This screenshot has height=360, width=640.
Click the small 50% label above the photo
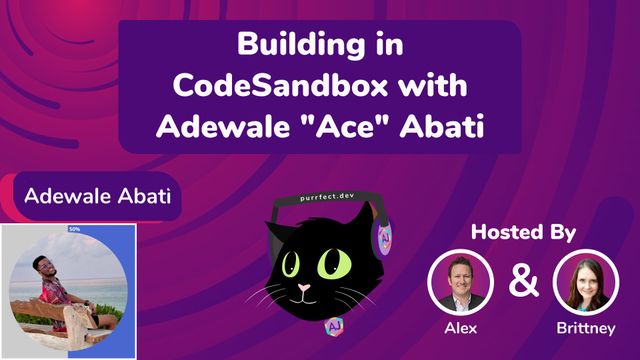75,229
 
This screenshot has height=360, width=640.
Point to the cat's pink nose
306,291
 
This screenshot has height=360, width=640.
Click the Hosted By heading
524,233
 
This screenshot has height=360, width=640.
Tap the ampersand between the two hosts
522,281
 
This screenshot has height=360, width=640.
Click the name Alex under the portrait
460,327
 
